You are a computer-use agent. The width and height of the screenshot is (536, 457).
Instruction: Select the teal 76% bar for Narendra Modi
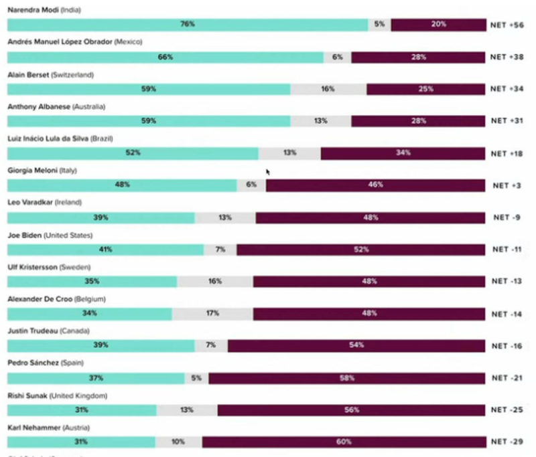(187, 25)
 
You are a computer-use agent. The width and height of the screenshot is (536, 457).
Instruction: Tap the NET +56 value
(507, 25)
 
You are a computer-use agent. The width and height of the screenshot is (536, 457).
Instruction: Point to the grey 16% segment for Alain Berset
(328, 89)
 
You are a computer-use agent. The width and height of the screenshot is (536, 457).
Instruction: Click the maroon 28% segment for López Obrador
(418, 58)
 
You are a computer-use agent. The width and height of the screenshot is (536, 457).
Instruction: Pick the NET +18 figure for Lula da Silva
(507, 153)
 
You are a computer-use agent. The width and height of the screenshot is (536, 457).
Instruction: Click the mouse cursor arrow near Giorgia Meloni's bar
(268, 172)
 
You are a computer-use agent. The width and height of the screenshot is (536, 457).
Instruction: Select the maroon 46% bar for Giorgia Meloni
(375, 185)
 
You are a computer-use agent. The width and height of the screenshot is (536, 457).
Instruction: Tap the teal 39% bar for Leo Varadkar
(100, 217)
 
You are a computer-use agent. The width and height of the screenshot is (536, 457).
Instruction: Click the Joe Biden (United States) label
(50, 236)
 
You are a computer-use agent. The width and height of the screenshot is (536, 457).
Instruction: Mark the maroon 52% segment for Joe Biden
(360, 250)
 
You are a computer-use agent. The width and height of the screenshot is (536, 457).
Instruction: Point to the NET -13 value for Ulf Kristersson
(507, 282)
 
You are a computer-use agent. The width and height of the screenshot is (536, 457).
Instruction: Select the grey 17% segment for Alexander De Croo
(212, 313)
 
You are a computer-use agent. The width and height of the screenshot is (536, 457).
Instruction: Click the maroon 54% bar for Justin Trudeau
(356, 345)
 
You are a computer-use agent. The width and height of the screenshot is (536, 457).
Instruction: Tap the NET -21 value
(507, 378)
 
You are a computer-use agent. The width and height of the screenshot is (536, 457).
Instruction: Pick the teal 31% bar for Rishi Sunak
(81, 409)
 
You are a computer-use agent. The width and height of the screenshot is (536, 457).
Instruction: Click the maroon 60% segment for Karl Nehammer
(343, 442)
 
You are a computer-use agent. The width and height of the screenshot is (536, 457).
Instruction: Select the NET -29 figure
(507, 442)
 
